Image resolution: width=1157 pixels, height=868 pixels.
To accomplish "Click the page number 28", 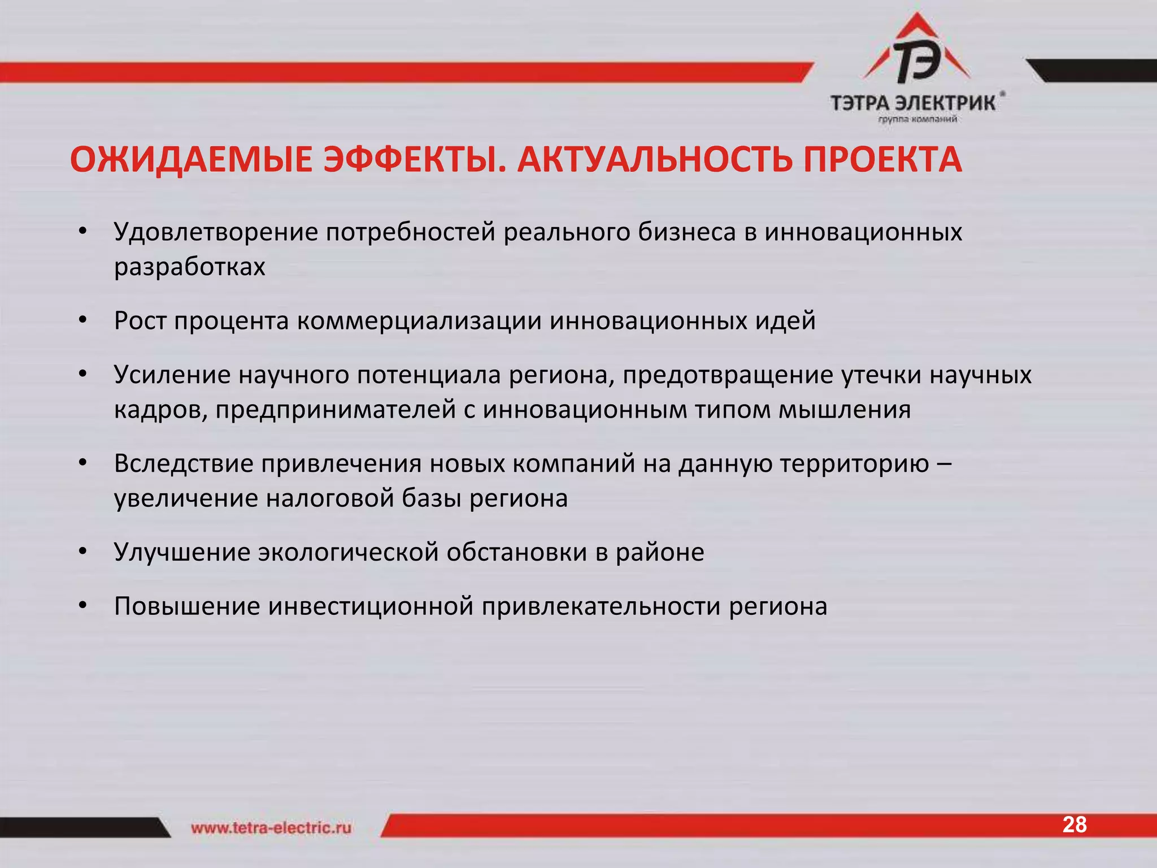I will (x=1074, y=825).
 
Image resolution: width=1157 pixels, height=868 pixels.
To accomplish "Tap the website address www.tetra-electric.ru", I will (x=271, y=828).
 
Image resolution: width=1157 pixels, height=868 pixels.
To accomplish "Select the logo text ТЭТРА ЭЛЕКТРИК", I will (x=913, y=103).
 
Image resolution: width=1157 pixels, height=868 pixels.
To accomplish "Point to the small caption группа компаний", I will (x=917, y=119).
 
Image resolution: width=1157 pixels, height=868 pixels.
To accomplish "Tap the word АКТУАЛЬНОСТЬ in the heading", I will (x=655, y=160).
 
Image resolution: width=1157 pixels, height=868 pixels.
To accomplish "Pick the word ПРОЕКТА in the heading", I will (x=882, y=160).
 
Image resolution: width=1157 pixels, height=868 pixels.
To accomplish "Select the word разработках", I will (x=190, y=267).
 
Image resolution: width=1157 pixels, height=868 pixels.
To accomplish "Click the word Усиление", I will (x=172, y=375).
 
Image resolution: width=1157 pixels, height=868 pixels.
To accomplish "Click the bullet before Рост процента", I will (x=83, y=321).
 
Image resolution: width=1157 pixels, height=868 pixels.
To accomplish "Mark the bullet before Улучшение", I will (x=83, y=552).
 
